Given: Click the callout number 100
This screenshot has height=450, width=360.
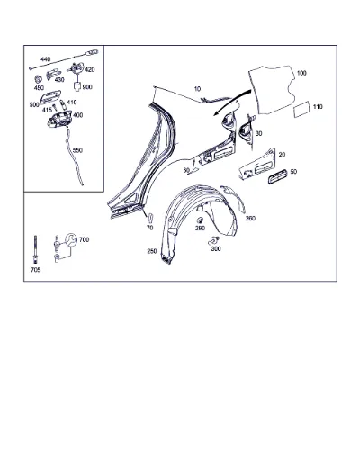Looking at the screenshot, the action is [301, 73].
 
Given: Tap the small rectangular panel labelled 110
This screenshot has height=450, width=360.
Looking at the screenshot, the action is [302, 109].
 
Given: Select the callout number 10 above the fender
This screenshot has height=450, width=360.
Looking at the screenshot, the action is [197, 89].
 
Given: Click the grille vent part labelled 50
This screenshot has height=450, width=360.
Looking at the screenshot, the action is [278, 176].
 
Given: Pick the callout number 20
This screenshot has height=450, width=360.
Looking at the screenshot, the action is [282, 155].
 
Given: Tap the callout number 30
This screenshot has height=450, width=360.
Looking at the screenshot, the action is [258, 133].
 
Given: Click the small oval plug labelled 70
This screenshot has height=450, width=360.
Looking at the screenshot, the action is [151, 217].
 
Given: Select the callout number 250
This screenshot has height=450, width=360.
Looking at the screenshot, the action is [152, 251].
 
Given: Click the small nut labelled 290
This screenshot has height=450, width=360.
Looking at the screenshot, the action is [200, 220].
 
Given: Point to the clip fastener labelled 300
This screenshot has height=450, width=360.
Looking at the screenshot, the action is [213, 240].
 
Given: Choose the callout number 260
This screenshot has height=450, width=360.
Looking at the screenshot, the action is [250, 219].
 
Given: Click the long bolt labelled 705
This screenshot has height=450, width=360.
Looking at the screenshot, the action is [35, 249].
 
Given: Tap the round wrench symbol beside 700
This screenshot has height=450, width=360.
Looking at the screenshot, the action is [71, 240].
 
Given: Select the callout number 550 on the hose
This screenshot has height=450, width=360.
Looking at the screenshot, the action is [77, 150].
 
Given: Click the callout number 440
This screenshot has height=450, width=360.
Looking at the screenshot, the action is [46, 59].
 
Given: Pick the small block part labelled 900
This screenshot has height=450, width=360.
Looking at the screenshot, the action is [77, 87].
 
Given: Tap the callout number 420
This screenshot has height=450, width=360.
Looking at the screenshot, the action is [90, 69].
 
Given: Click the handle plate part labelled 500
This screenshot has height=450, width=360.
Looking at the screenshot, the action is [50, 96].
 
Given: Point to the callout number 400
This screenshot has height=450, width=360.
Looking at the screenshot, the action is [78, 115].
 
